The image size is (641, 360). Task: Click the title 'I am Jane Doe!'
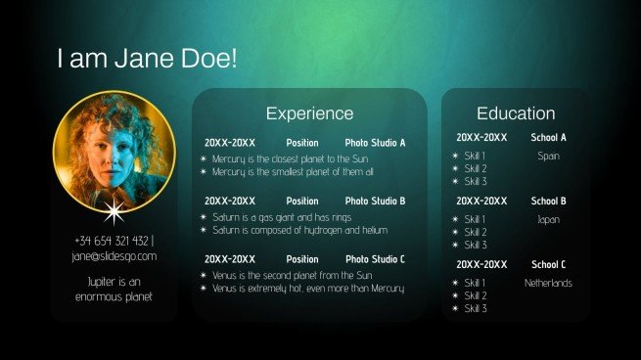[147, 59]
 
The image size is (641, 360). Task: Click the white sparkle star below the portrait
[114, 210]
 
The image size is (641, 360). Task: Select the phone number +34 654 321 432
[112, 240]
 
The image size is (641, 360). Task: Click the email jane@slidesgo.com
[114, 256]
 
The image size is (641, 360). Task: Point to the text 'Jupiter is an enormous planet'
[114, 288]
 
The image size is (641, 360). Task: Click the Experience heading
[309, 113]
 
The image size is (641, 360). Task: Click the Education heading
[516, 113]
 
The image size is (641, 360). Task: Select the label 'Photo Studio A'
[375, 143]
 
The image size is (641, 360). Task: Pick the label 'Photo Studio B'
[375, 201]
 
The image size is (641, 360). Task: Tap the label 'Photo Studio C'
[375, 259]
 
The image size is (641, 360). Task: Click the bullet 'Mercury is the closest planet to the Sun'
[290, 158]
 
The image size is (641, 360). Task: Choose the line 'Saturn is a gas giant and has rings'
[281, 216]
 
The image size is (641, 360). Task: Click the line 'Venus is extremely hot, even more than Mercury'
[307, 289]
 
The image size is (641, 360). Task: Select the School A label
[548, 138]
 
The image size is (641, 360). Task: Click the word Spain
[548, 156]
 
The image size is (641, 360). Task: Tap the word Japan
[548, 219]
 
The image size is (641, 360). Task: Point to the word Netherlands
[548, 283]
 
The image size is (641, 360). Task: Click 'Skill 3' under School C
[476, 308]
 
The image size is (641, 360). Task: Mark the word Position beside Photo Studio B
[302, 201]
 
